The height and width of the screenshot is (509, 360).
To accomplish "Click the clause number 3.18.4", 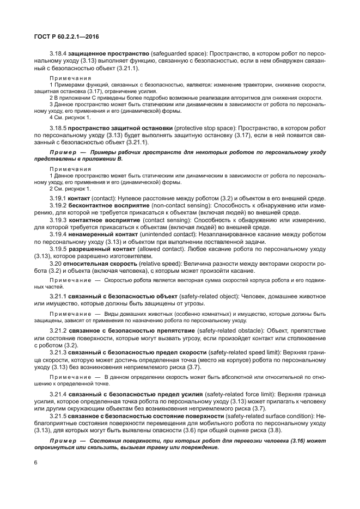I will pyautogui.click(x=58, y=55).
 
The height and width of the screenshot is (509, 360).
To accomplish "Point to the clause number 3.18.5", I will pyautogui.click(x=58, y=127).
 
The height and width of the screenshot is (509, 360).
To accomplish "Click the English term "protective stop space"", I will pyautogui.click(x=206, y=127).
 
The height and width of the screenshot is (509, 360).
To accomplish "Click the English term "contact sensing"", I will pyautogui.click(x=163, y=219).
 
